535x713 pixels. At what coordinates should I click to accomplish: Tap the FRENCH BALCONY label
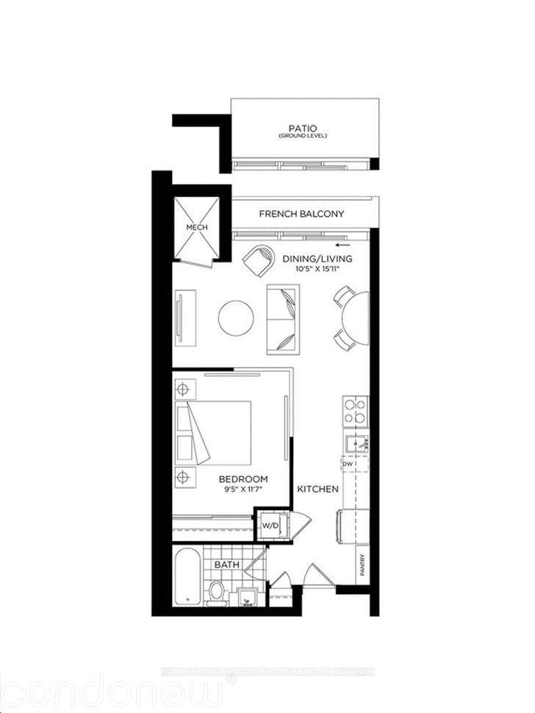pos(301,214)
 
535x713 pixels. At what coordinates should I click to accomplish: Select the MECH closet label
pos(196,228)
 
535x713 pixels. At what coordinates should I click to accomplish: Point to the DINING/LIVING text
pos(317,259)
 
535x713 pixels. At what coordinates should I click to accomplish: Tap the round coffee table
pos(236,317)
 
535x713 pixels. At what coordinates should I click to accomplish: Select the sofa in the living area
pos(283,318)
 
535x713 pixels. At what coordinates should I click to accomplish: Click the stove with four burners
pos(355,412)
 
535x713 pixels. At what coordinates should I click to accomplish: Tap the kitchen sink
pos(355,443)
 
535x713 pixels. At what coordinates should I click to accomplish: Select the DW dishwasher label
pos(348,465)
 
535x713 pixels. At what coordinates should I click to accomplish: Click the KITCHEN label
pos(317,489)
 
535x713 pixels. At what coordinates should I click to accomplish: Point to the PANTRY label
pos(362,565)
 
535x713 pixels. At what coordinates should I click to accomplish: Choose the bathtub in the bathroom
pos(187,578)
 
